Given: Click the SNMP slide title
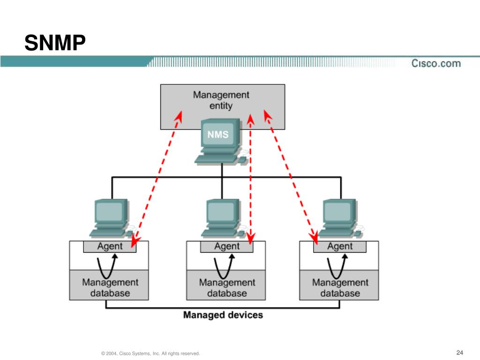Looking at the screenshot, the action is click(x=55, y=43).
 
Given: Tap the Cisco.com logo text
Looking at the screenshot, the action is click(x=436, y=63).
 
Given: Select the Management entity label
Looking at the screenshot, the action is click(x=221, y=100).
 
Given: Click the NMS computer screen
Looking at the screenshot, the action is click(x=218, y=134).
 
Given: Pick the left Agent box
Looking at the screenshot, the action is click(x=110, y=247).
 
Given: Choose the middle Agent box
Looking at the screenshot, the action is click(x=226, y=247).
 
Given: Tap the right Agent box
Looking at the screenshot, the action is click(x=340, y=247).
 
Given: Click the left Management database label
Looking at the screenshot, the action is click(x=110, y=287).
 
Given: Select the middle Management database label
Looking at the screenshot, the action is click(x=227, y=287).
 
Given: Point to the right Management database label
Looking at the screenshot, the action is click(x=340, y=287).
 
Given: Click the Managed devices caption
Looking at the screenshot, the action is click(x=223, y=315).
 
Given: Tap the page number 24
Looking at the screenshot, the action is click(x=459, y=352).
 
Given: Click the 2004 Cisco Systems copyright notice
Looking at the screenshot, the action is click(x=150, y=353).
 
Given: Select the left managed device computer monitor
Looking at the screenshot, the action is click(x=111, y=212).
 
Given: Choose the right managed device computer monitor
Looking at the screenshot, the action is click(x=340, y=212).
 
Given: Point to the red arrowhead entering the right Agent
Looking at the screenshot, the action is click(x=314, y=239).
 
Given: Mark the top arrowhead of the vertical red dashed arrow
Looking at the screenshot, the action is click(x=250, y=120).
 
